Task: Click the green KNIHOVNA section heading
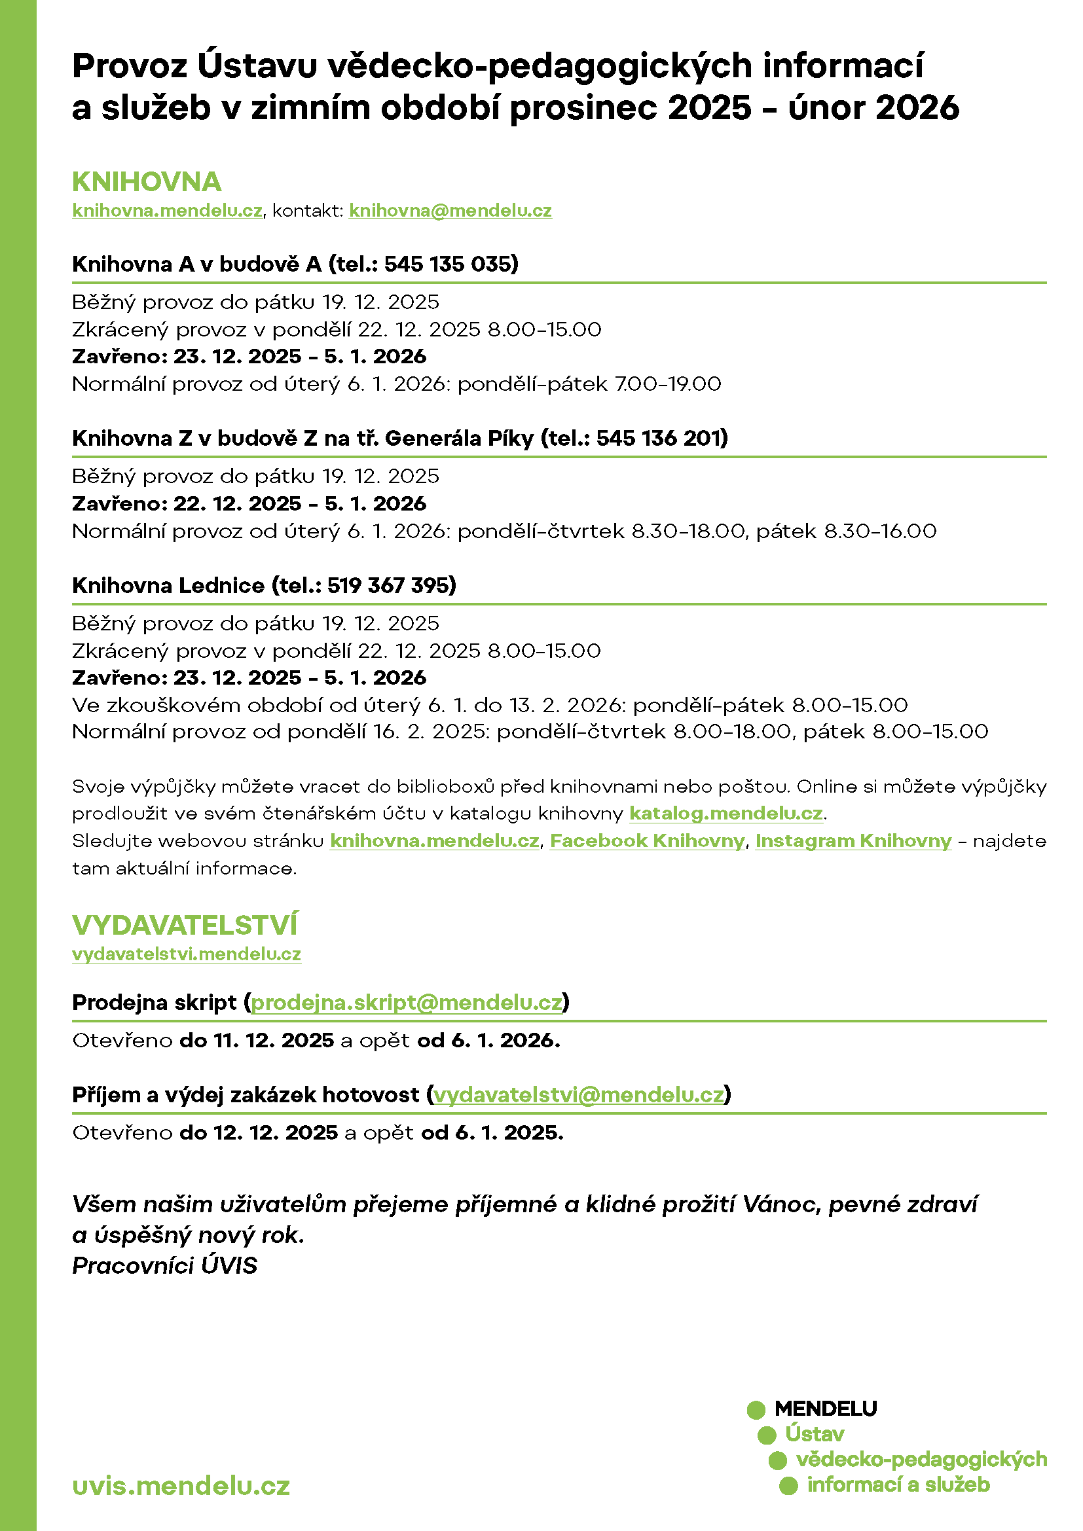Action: [x=147, y=182]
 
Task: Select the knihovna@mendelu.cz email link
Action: [x=450, y=211]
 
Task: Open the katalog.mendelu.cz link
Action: [x=725, y=814]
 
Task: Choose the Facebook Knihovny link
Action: [x=647, y=841]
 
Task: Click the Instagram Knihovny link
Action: [x=853, y=841]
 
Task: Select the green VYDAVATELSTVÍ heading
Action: [x=185, y=925]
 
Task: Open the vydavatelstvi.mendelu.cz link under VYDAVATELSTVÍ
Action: [x=186, y=954]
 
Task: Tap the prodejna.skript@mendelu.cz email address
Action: [x=407, y=1002]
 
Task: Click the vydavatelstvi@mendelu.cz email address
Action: [x=578, y=1094]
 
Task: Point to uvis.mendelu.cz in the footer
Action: [x=181, y=1486]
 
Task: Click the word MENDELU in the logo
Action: [x=826, y=1409]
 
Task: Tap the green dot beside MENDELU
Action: [x=756, y=1410]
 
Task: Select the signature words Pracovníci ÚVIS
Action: [x=165, y=1265]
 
